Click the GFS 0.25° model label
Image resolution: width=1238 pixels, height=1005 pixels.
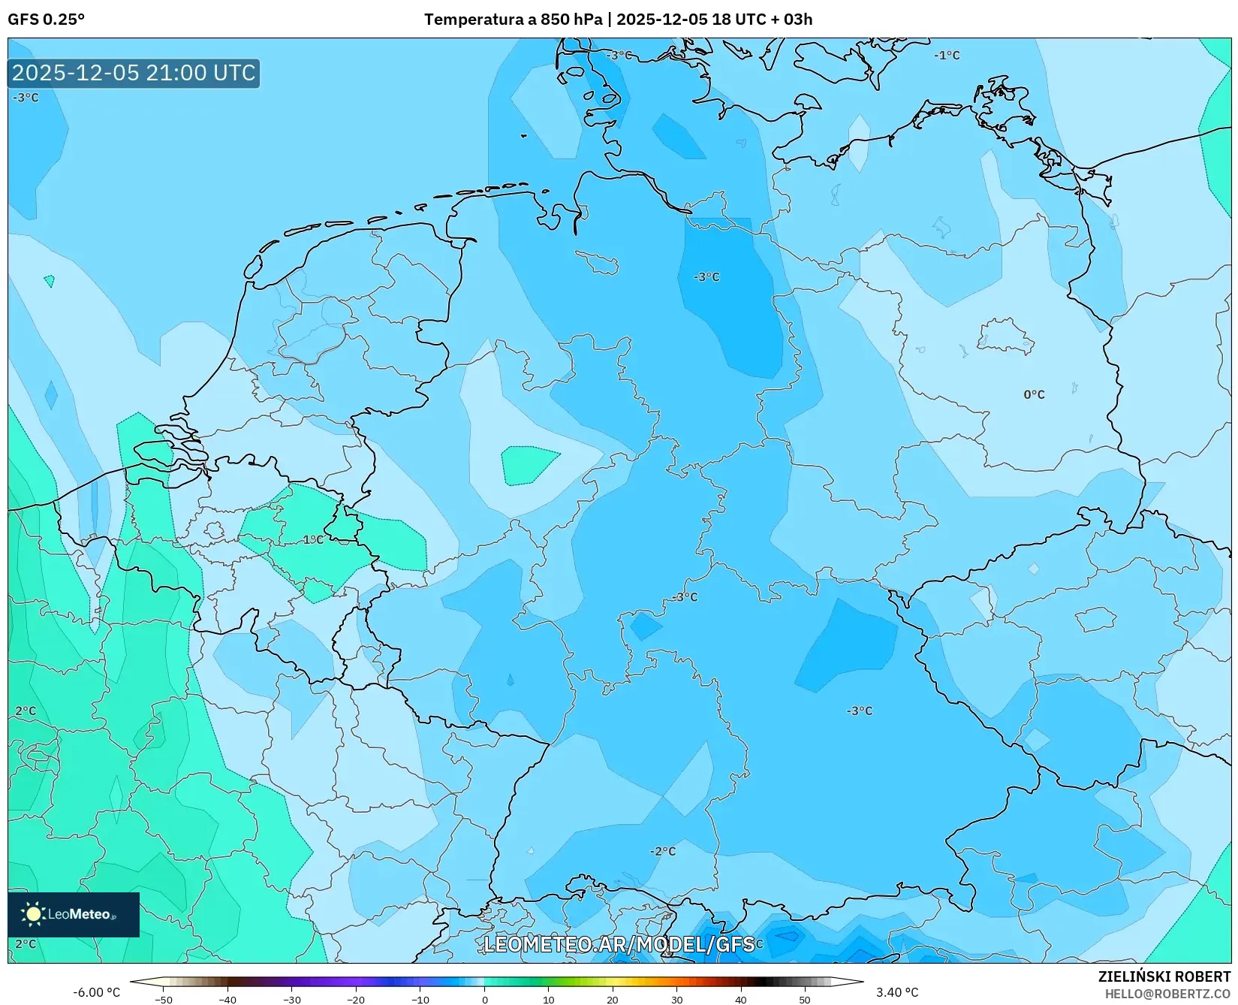[x=46, y=20]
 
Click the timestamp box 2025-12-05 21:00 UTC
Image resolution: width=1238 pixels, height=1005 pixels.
[x=134, y=73]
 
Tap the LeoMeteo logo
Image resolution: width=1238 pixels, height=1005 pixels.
[x=73, y=914]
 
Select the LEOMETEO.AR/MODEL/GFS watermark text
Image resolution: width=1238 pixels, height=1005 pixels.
[x=619, y=944]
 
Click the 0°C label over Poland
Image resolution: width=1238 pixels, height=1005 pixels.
[x=1034, y=394]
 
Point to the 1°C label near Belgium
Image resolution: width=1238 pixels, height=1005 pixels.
[x=313, y=539]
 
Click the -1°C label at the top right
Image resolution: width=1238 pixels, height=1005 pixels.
[x=947, y=55]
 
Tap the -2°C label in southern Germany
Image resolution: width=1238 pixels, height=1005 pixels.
[x=663, y=851]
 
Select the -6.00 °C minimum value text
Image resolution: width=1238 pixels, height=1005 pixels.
[x=96, y=992]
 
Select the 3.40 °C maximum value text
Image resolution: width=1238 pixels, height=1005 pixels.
[x=897, y=992]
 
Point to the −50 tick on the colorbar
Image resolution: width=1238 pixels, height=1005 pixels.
[x=164, y=1000]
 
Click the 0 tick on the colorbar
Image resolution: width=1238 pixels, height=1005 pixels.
[x=484, y=1000]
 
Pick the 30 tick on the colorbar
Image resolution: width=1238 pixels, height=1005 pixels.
[x=676, y=1000]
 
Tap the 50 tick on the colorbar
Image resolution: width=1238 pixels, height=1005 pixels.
[x=805, y=1000]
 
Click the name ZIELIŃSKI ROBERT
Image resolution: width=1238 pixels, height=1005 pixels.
[x=1164, y=976]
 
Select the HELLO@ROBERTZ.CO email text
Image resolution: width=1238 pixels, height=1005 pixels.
[x=1167, y=993]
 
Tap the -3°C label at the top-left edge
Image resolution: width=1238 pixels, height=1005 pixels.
[x=26, y=98]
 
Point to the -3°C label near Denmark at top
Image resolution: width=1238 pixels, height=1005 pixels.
[x=619, y=55]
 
